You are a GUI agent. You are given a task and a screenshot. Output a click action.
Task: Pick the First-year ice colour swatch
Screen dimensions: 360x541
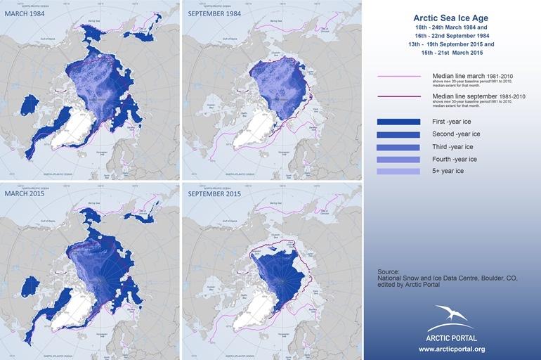pos(398,122)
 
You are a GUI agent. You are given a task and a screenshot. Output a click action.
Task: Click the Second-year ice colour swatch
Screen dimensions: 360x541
pos(398,134)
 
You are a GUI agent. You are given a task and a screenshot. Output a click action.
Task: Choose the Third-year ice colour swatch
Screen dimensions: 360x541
pos(398,147)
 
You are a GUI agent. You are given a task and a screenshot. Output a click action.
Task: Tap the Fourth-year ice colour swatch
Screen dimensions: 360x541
pos(398,159)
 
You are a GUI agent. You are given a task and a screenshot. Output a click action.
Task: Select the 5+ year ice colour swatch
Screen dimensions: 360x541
pos(398,172)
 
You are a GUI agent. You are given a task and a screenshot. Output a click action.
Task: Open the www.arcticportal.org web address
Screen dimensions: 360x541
pos(452,349)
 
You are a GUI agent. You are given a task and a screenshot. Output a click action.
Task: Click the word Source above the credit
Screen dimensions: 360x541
pos(388,271)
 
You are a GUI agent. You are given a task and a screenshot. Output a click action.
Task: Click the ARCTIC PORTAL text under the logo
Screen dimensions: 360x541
pos(452,338)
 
